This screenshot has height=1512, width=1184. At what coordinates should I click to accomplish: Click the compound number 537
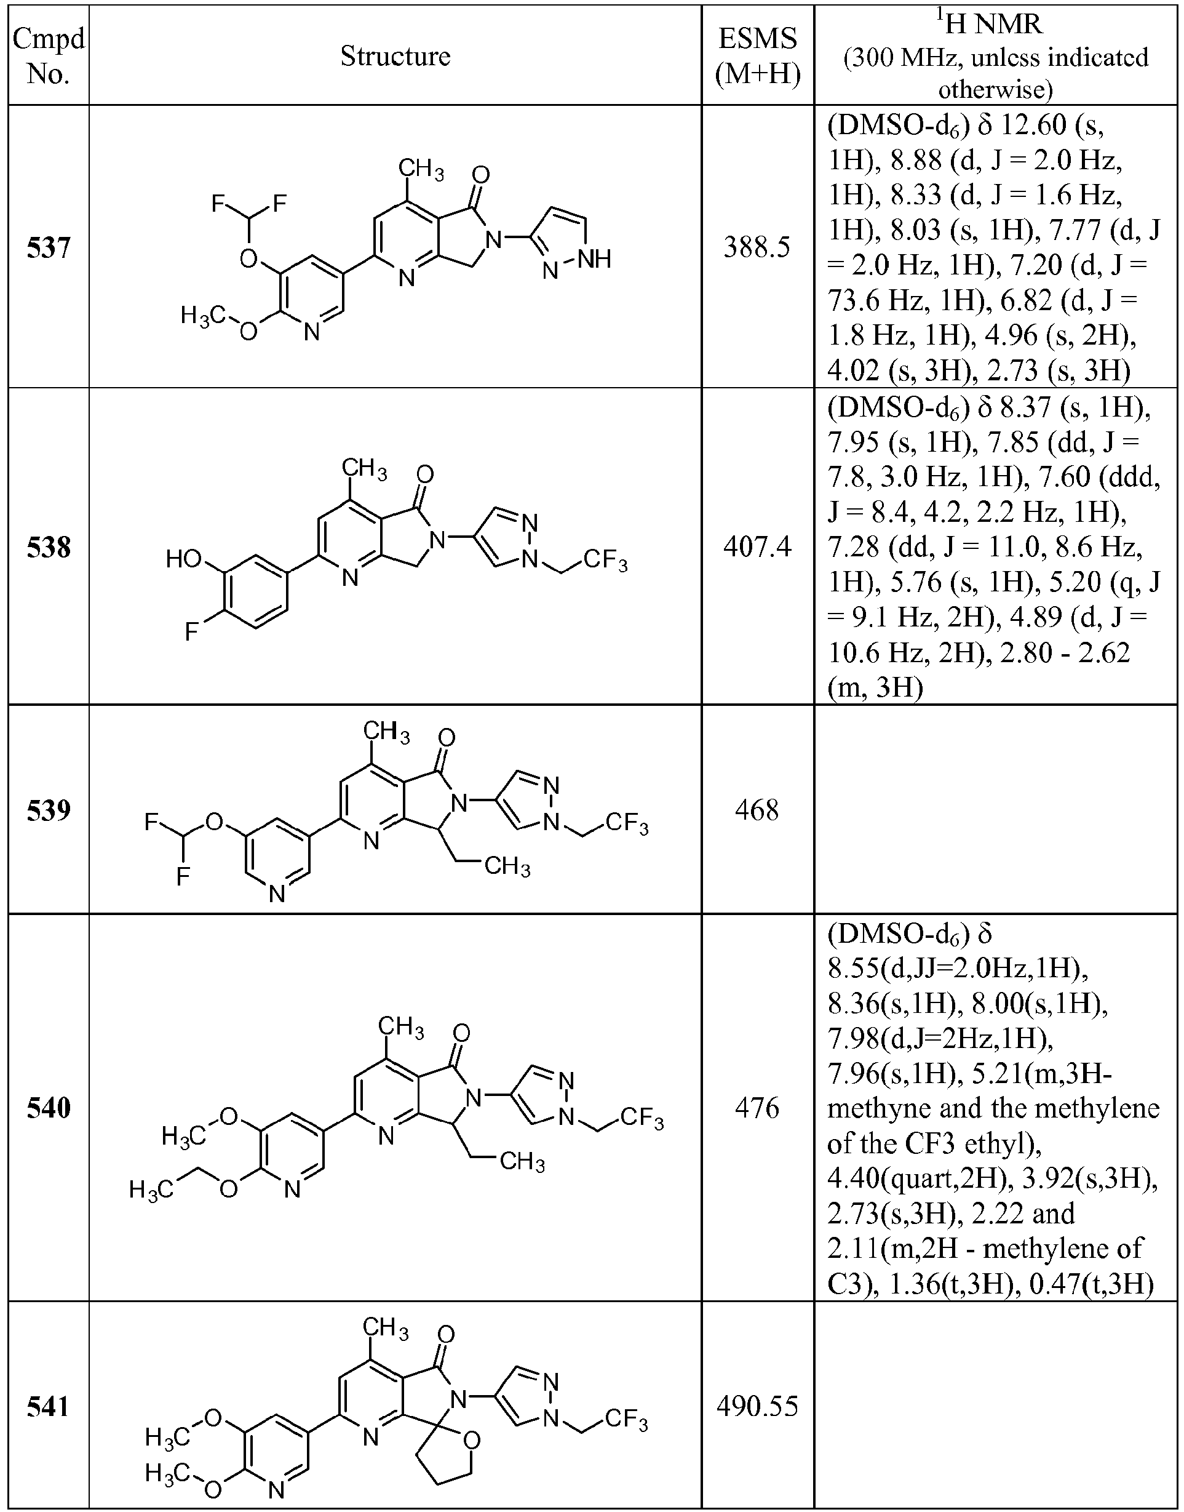pyautogui.click(x=49, y=247)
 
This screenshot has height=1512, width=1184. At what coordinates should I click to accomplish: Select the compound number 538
pyautogui.click(x=49, y=547)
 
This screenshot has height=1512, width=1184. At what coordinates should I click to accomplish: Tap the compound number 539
pyautogui.click(x=49, y=810)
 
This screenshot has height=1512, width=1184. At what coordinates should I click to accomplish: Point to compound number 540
pyautogui.click(x=49, y=1108)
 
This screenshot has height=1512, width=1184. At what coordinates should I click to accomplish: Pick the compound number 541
pyautogui.click(x=49, y=1407)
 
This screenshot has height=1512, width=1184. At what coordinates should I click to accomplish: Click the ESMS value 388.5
pyautogui.click(x=757, y=247)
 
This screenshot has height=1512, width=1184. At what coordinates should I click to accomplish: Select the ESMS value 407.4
pyautogui.click(x=757, y=547)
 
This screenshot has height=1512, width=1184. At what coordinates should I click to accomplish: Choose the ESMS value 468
pyautogui.click(x=757, y=810)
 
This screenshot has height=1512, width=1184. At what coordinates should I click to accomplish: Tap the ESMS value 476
pyautogui.click(x=757, y=1108)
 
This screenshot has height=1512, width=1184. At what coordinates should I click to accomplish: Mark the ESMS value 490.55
pyautogui.click(x=757, y=1407)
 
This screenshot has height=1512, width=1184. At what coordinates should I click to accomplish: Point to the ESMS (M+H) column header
pyautogui.click(x=758, y=56)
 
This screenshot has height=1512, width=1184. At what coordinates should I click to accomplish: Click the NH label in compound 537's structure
pyautogui.click(x=595, y=260)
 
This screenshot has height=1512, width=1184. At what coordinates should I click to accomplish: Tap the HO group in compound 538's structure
pyautogui.click(x=184, y=558)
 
